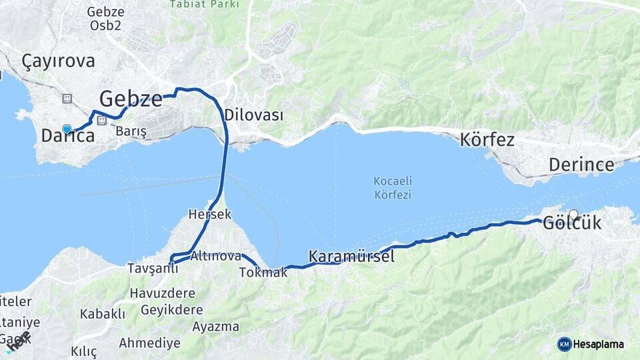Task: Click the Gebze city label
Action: tap(131, 99)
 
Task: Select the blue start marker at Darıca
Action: tap(67, 129)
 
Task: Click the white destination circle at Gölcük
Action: tap(573, 215)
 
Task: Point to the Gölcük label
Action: tap(572, 223)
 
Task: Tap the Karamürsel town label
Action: tap(351, 257)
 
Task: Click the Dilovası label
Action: tap(253, 115)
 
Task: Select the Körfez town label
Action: tap(487, 140)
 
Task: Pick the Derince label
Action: tap(581, 165)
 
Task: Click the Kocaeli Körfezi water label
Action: tap(392, 188)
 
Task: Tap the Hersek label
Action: tap(209, 215)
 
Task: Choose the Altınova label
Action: tap(215, 256)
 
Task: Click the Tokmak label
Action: tap(263, 272)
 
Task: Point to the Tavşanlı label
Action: tap(153, 269)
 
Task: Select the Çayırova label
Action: tap(58, 61)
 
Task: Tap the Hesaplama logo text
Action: tap(598, 344)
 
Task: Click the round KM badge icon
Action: tap(564, 344)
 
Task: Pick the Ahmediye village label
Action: tap(149, 343)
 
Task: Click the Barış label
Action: tap(131, 131)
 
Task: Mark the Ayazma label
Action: tap(215, 327)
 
